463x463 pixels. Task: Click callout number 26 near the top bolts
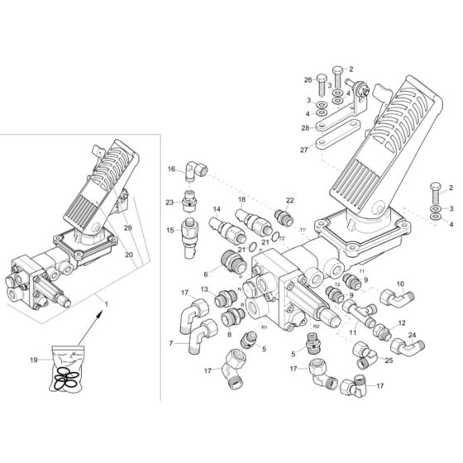pyautogui.click(x=308, y=79)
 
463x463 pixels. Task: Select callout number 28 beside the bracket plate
pyautogui.click(x=305, y=128)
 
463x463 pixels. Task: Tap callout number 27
pyautogui.click(x=304, y=150)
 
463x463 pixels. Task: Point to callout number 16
pyautogui.click(x=171, y=169)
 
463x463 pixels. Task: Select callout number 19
pyautogui.click(x=34, y=360)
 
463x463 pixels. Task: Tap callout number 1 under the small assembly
pyautogui.click(x=106, y=306)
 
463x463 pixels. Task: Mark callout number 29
pyautogui.click(x=128, y=226)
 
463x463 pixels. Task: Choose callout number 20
pyautogui.click(x=128, y=255)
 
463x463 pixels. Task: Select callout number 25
pyautogui.click(x=390, y=360)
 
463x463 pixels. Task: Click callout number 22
pyautogui.click(x=289, y=200)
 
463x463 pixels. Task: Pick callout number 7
pyautogui.click(x=171, y=342)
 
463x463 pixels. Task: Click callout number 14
pyautogui.click(x=217, y=210)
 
